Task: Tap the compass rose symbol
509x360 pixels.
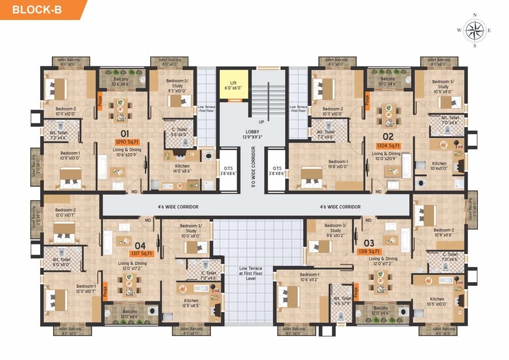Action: click(474, 30)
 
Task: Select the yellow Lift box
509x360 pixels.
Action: click(234, 85)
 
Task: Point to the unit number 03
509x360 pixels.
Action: click(369, 242)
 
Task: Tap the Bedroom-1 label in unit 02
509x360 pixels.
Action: click(338, 164)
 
